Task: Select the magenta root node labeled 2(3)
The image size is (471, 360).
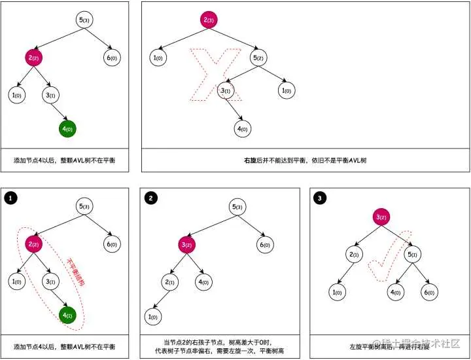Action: point(209,20)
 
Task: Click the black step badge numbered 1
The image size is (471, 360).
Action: point(9,197)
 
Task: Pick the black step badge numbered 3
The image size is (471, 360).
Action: point(319,197)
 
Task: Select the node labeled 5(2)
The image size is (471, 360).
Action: point(258,58)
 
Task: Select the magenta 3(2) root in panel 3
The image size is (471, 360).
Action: point(382,217)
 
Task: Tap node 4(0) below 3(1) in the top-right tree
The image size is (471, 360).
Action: point(241,128)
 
